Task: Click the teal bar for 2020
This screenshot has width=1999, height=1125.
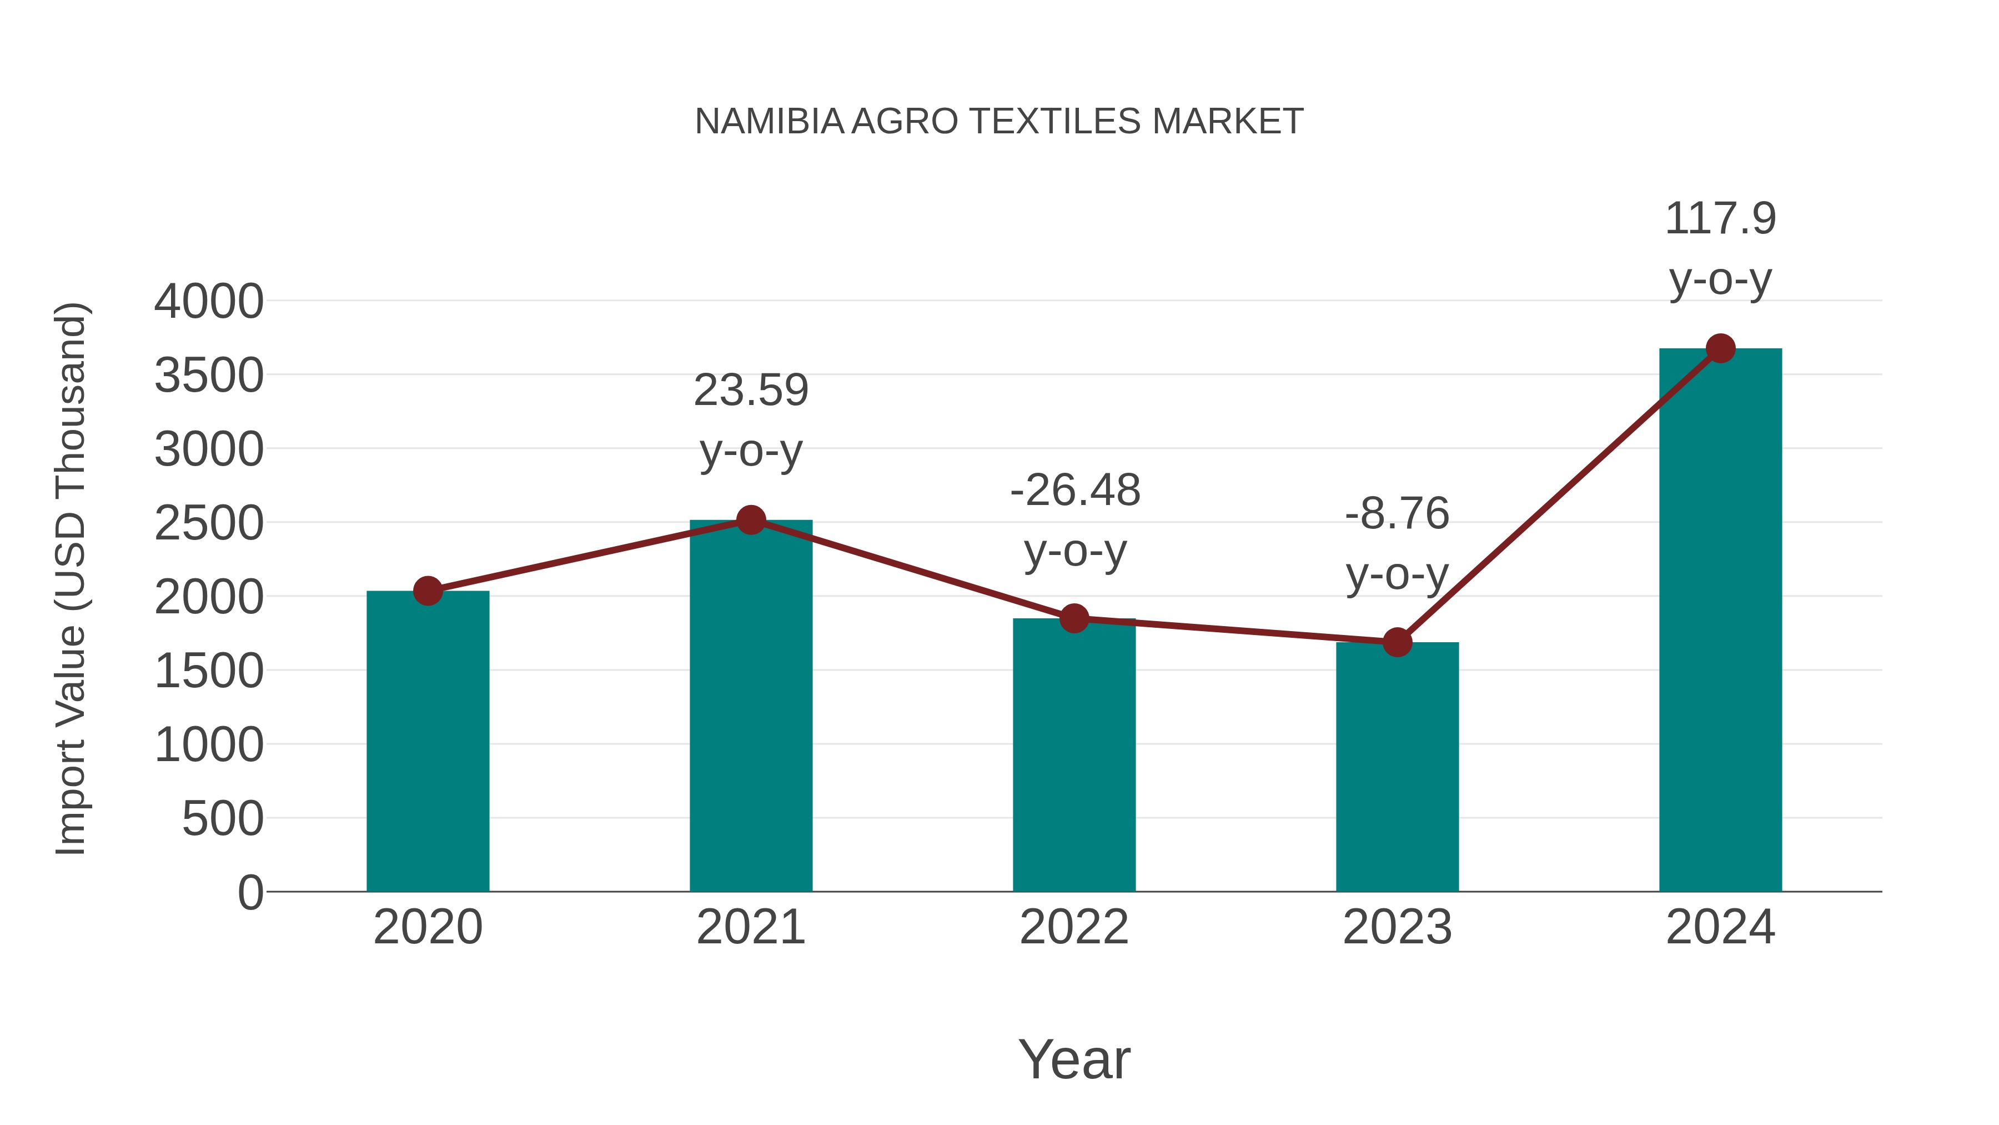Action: [428, 742]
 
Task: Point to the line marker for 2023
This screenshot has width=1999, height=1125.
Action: [1397, 642]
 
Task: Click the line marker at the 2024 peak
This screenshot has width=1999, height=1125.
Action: [1720, 348]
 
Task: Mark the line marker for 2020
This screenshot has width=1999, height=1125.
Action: [428, 591]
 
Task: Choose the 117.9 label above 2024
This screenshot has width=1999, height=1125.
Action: [1720, 218]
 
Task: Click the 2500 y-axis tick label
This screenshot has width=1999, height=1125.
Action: [209, 523]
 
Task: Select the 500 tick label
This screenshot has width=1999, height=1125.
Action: [223, 818]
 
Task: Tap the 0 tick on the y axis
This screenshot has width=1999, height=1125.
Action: [250, 892]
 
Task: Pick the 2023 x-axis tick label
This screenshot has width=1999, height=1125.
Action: [1397, 927]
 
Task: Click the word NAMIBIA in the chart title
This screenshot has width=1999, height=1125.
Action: [769, 121]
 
